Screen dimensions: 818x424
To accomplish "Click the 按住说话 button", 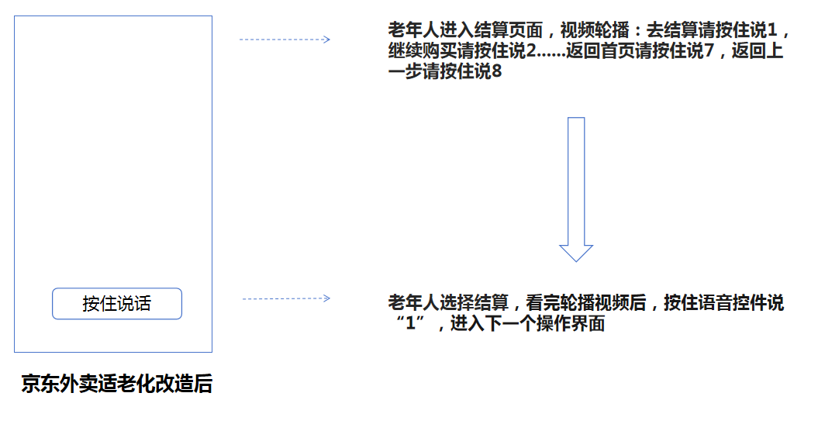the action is pyautogui.click(x=117, y=304).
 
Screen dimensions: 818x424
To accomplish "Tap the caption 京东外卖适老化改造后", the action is pyautogui.click(x=117, y=384).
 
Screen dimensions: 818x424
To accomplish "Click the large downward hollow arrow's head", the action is pyautogui.click(x=576, y=253).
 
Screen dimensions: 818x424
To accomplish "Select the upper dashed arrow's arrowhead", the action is pyautogui.click(x=326, y=39).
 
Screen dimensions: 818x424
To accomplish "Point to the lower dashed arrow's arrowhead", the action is pyautogui.click(x=326, y=298).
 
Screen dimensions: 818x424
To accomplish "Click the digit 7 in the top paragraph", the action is pyautogui.click(x=709, y=51).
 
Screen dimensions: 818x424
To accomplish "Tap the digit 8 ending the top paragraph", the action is pyautogui.click(x=497, y=71).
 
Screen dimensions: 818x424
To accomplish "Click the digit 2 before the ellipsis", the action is pyautogui.click(x=531, y=51).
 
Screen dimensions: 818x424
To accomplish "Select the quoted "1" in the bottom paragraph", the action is pyautogui.click(x=411, y=323).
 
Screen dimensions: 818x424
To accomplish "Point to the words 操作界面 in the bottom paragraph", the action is pyautogui.click(x=571, y=323).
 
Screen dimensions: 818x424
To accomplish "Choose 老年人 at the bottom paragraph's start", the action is pyautogui.click(x=414, y=303).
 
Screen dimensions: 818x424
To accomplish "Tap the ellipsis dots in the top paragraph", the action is pyautogui.click(x=551, y=56).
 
